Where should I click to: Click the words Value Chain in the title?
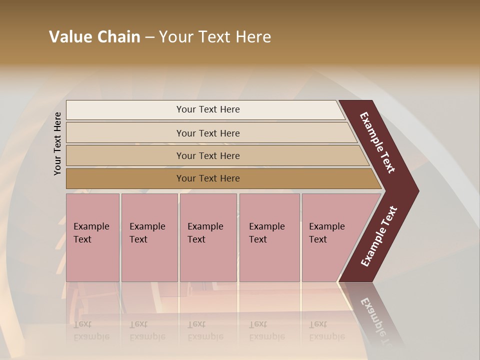click(94, 37)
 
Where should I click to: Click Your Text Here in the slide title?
click(215, 37)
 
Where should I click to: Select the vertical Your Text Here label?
click(57, 143)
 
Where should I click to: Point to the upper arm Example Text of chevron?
click(377, 142)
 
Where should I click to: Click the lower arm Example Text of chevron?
click(378, 236)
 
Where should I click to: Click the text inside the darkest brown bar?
click(208, 178)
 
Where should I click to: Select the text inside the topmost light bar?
click(208, 109)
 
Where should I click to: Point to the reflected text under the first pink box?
click(91, 330)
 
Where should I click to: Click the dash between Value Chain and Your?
click(149, 37)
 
